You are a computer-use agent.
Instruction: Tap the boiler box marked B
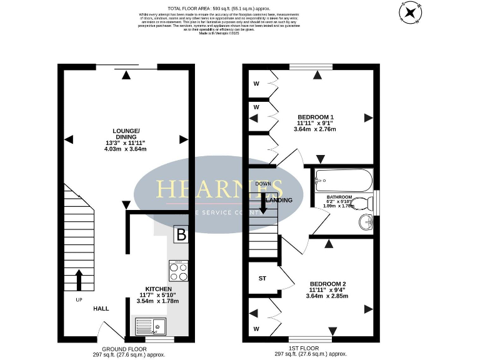pos(182,235)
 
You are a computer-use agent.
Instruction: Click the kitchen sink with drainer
pos(151,326)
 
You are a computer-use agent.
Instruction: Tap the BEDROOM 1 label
pos(315,117)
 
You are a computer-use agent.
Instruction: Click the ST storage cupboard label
pos(262,278)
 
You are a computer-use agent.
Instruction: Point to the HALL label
pos(101,309)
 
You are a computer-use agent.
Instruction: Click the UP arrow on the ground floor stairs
pos(79,281)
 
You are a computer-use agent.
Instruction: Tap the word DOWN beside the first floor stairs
pos(262,184)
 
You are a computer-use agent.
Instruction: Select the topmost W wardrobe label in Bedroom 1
pos(256,84)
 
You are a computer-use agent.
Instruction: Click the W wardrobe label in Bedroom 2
pos(256,328)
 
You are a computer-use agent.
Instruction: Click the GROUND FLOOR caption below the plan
pos(125,349)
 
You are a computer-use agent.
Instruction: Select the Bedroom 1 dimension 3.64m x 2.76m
pos(315,129)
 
